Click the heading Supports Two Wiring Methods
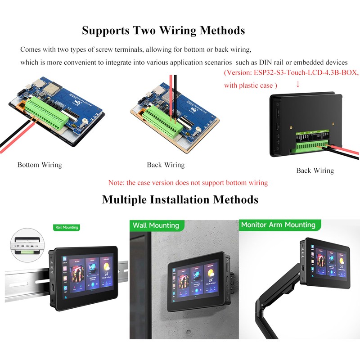point(163,31)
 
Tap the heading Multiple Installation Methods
point(180,199)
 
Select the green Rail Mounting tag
point(66,227)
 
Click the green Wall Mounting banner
point(156,225)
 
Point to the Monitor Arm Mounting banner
point(278,225)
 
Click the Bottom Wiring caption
point(40,165)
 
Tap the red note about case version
point(188,183)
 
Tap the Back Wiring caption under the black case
point(315,171)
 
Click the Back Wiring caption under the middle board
point(166,165)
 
